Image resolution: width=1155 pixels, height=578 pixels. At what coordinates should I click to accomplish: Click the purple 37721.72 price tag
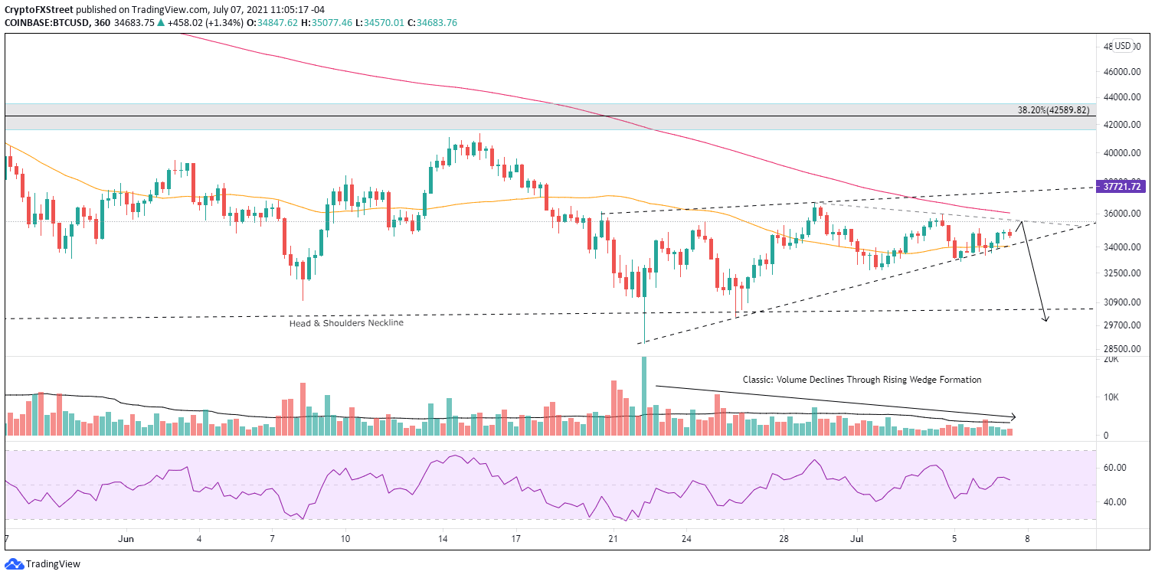pyautogui.click(x=1124, y=186)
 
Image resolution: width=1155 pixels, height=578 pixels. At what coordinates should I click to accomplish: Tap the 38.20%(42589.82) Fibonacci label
pyautogui.click(x=1052, y=109)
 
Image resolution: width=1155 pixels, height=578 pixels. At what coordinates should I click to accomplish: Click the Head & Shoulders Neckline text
pyautogui.click(x=345, y=323)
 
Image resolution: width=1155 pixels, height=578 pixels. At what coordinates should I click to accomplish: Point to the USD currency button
pyautogui.click(x=1124, y=45)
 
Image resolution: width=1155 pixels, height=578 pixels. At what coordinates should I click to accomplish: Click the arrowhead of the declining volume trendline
pyautogui.click(x=1013, y=417)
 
